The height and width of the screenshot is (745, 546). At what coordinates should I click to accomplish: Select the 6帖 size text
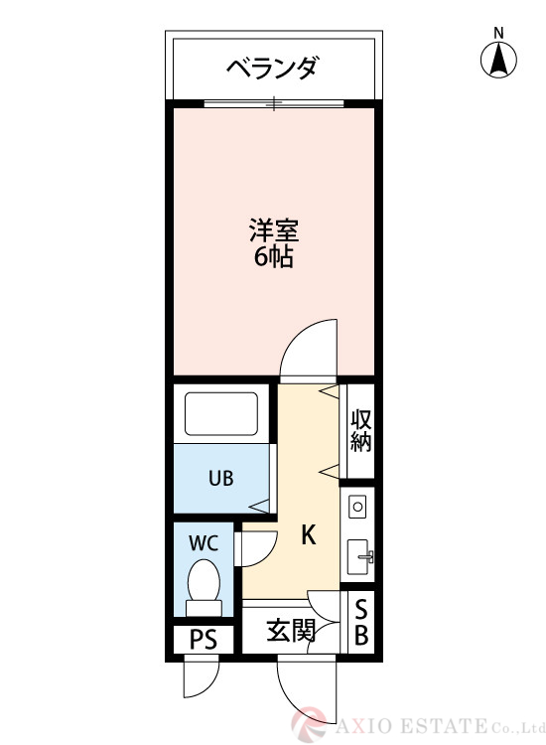(x=273, y=259)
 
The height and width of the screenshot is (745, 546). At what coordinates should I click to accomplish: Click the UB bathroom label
(x=220, y=478)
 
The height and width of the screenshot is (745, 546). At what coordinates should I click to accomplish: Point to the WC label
(x=204, y=543)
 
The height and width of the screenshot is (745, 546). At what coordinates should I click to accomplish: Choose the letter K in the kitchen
(x=309, y=536)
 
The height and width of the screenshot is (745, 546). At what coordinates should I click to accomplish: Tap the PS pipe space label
(x=203, y=639)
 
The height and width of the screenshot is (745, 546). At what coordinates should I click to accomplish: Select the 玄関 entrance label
(x=291, y=630)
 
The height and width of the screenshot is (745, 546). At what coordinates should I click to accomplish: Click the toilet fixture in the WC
(x=205, y=586)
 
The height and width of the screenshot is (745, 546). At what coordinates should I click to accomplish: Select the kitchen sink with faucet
(x=358, y=556)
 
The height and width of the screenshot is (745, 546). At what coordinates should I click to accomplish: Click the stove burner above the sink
(x=357, y=507)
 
